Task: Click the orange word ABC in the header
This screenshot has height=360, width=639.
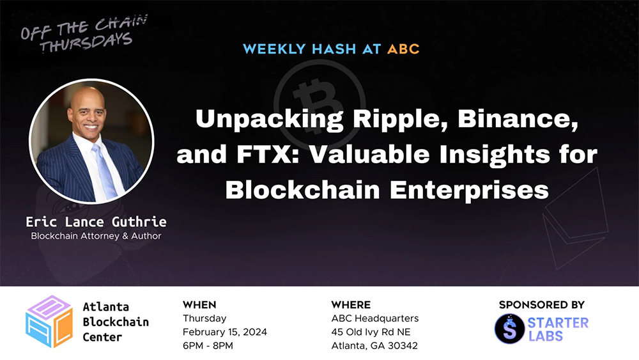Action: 403,49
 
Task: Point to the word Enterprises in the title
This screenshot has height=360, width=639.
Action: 469,191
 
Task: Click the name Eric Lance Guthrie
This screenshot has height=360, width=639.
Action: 96,222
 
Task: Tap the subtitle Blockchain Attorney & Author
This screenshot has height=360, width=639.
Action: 96,236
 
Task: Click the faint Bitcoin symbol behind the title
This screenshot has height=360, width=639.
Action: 320,102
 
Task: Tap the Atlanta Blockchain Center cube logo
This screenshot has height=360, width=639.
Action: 49,321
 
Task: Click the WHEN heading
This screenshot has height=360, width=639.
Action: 199,305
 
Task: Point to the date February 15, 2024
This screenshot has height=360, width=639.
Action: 225,332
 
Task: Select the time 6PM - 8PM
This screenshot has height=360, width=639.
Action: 208,346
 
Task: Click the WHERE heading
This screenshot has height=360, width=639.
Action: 351,305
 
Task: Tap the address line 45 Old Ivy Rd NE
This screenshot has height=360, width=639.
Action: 371,332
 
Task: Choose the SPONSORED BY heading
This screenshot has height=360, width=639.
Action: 542,305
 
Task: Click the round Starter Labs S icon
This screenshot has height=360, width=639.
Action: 509,329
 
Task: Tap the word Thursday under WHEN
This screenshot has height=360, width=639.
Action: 204,318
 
